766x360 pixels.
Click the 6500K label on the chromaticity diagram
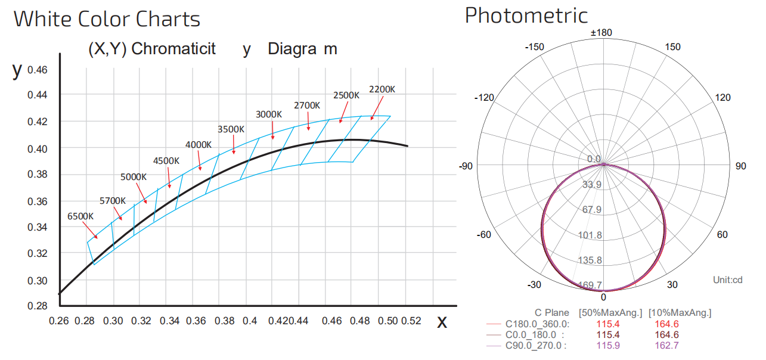[x=80, y=216]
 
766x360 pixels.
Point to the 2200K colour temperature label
[x=382, y=89]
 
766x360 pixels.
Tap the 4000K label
[x=199, y=145]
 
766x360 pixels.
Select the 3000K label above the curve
[x=269, y=114]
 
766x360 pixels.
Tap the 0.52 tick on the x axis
[x=411, y=321]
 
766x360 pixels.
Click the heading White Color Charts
[x=107, y=19]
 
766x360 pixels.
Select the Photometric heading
[x=526, y=15]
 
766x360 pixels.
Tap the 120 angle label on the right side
[x=722, y=98]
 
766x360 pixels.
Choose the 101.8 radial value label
[x=590, y=235]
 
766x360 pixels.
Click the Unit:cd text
[x=728, y=280]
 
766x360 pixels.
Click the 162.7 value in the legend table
[x=666, y=345]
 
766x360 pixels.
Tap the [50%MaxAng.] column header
[x=610, y=313]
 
